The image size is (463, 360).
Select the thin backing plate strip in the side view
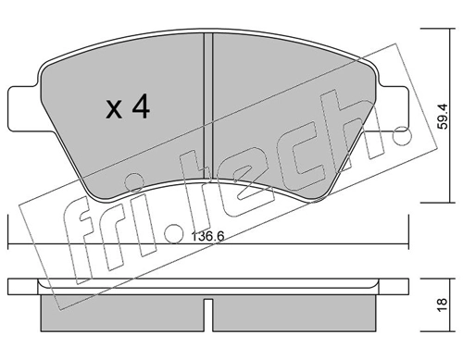point(209,285)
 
